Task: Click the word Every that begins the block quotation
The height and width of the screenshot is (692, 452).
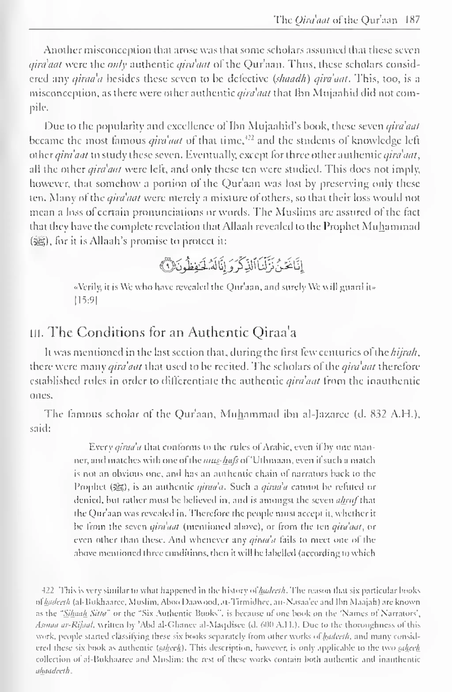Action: coord(100,447)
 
